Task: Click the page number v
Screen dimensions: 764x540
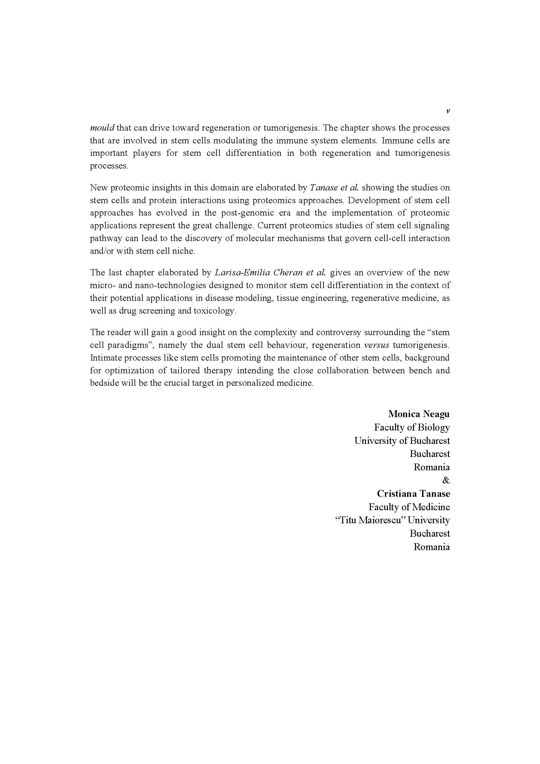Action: pos(448,112)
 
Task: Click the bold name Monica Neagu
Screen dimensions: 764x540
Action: pos(419,414)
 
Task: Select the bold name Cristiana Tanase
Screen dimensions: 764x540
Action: pos(413,494)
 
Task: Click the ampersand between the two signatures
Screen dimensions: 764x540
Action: pos(446,480)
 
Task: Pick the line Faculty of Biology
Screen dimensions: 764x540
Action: pos(412,427)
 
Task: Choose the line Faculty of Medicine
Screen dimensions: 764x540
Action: pos(409,507)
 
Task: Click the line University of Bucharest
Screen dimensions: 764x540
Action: pos(402,441)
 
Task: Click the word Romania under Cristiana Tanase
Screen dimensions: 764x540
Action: pos(431,547)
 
